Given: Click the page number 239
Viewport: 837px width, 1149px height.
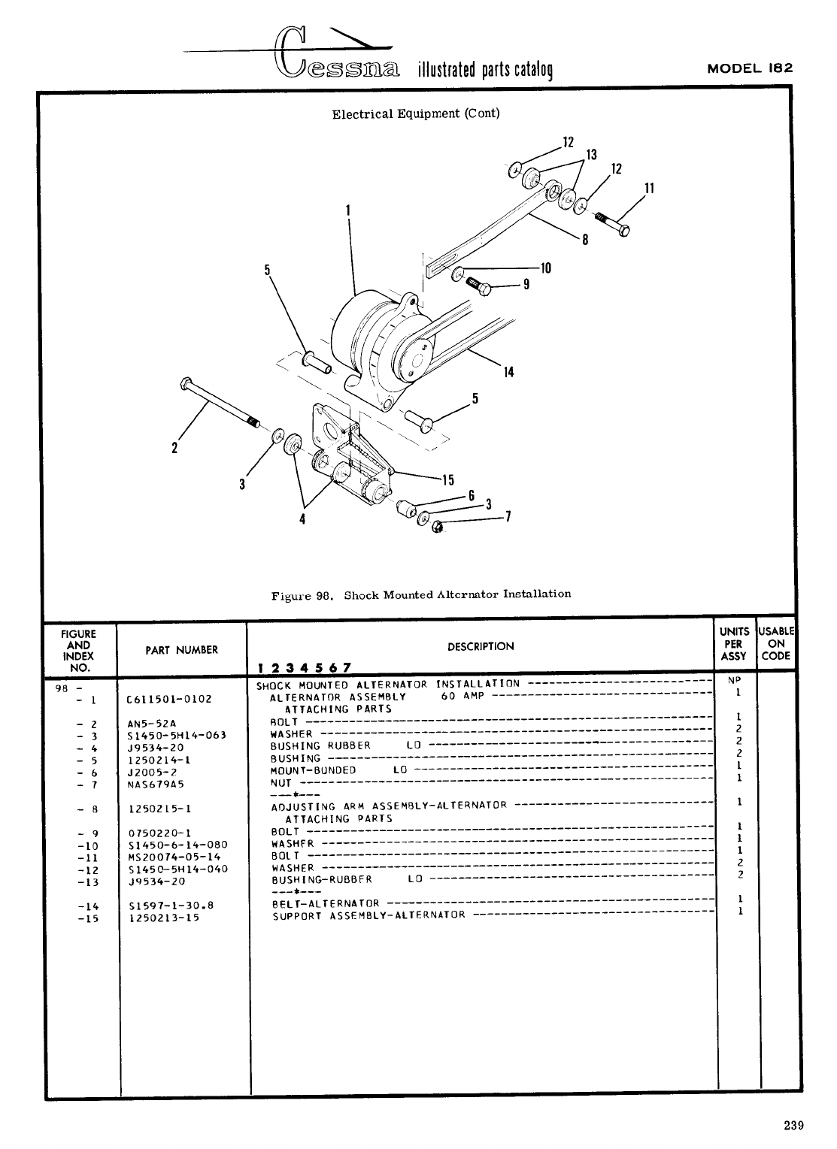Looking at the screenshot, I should [793, 1125].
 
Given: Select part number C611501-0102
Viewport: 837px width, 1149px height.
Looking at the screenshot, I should [170, 699].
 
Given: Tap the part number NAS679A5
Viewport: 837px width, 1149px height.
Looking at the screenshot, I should [156, 784].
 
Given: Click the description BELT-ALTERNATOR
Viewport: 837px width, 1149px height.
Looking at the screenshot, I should [326, 903].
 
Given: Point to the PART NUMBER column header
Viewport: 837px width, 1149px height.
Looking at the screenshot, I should [182, 650].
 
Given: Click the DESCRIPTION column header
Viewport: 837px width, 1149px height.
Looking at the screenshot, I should [481, 646].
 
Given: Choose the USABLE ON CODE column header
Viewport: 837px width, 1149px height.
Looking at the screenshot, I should [775, 645].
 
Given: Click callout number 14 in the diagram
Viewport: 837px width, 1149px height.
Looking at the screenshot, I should [508, 371].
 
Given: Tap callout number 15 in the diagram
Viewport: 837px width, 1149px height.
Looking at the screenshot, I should [448, 479].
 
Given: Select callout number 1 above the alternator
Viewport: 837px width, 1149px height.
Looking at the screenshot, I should [347, 211].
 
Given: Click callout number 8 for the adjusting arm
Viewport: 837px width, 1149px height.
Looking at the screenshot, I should [584, 240].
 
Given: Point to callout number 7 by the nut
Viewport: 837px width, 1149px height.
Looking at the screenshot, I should [508, 517].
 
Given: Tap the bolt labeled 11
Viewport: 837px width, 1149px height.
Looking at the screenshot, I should [613, 225].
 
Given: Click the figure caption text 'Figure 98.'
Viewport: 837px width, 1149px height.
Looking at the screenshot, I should [302, 595].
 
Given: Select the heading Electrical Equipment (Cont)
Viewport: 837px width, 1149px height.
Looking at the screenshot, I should [416, 114].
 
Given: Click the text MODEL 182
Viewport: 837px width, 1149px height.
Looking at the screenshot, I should [750, 68].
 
